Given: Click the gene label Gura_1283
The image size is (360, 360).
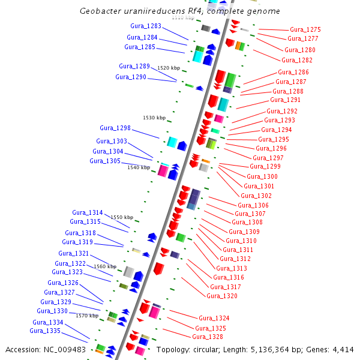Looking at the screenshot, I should click(146, 26).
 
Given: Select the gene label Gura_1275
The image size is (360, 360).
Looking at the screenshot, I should click(305, 29).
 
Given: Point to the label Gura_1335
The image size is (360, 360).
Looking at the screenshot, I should click(45, 331).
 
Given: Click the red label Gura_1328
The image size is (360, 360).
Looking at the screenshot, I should click(208, 337).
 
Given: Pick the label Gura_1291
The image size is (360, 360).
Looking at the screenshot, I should click(286, 100).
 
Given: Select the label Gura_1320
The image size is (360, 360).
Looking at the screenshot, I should click(222, 296).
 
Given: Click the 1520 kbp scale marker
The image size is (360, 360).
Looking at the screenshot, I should click(169, 68).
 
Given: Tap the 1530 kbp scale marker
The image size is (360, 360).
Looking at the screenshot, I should click(154, 118).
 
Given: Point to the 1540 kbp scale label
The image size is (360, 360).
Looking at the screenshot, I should click(139, 167).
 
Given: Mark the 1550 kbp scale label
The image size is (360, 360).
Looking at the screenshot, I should click(122, 217).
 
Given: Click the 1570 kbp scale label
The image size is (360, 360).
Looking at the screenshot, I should click(87, 316).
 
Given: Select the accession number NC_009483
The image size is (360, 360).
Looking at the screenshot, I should click(68, 350).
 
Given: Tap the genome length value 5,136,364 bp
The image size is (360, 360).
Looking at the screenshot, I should click(287, 350).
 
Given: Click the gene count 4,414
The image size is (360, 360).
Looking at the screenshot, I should click(341, 350).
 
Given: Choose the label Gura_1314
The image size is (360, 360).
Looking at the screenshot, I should click(88, 212).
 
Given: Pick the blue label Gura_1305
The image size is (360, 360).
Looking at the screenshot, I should click(105, 161).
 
